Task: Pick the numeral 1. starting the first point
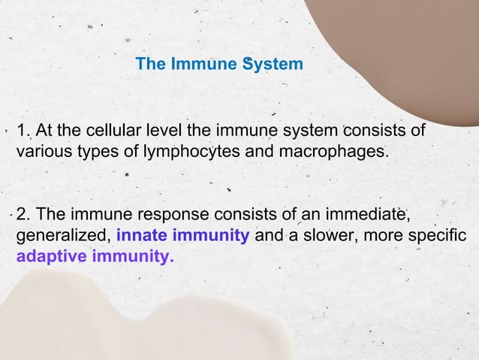[23, 133]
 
